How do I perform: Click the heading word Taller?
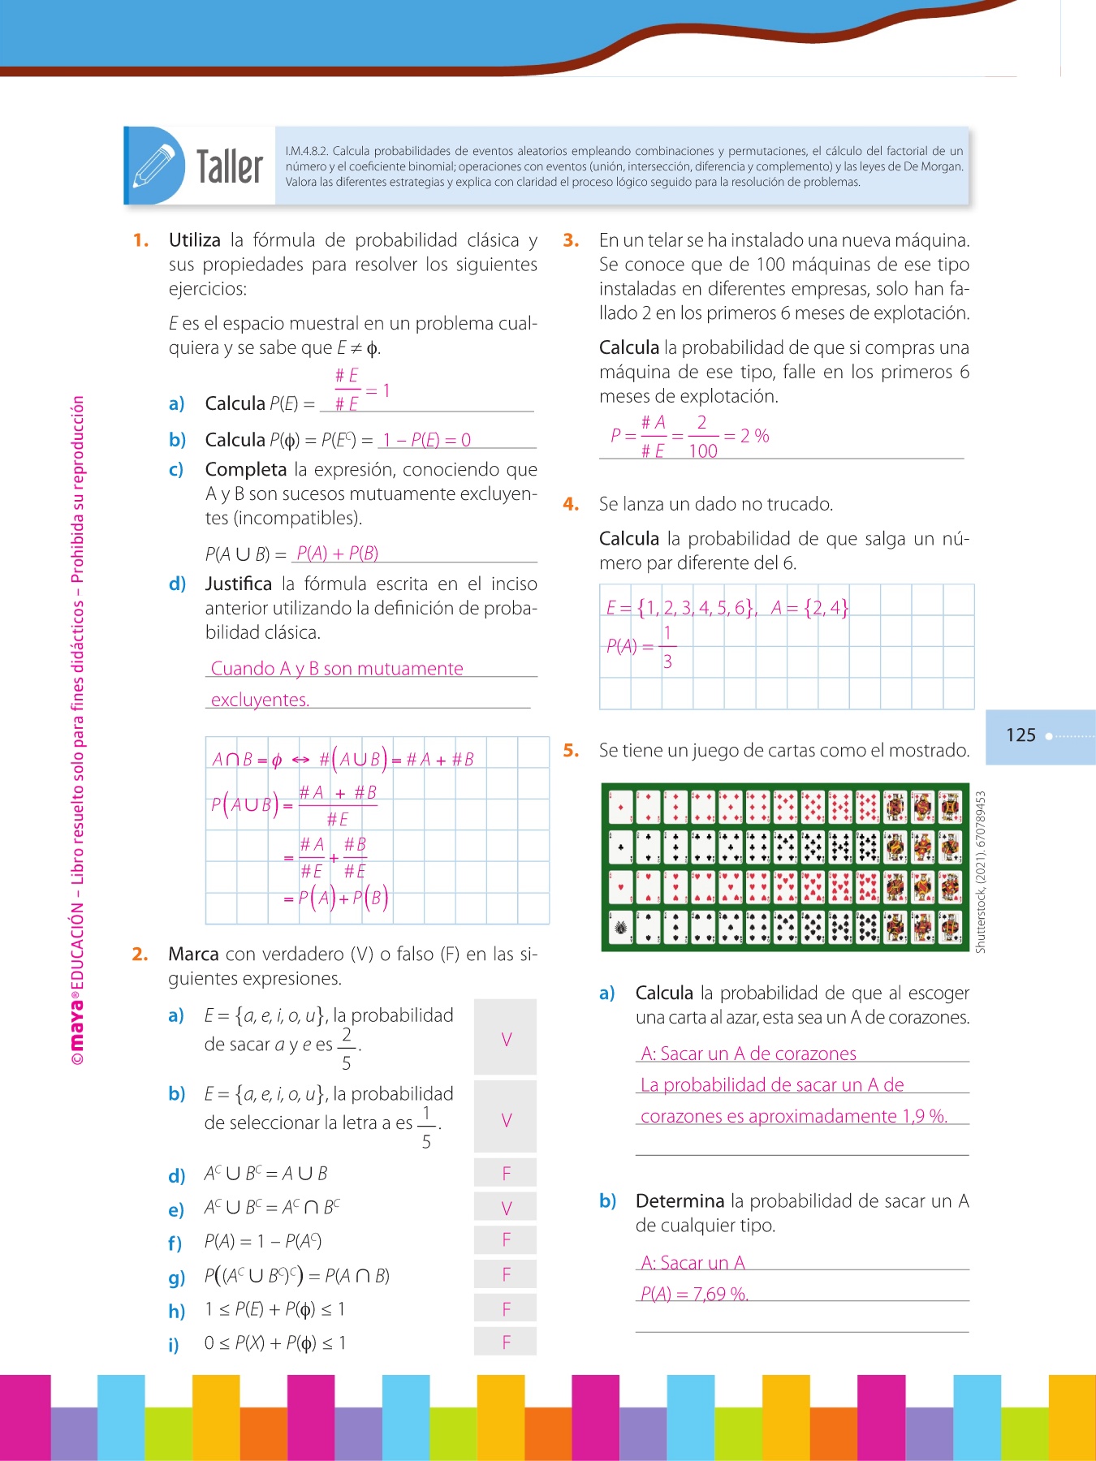point(230,167)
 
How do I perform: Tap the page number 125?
point(1020,735)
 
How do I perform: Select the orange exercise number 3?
point(571,240)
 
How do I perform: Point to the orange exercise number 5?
point(571,751)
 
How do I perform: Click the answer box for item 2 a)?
point(506,1039)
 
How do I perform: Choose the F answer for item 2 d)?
point(506,1173)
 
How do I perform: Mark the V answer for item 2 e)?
point(506,1208)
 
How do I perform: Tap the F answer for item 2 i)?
point(506,1342)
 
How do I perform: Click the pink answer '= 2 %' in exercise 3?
point(747,436)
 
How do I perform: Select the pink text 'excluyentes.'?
point(260,700)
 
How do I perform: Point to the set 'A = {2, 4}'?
point(809,607)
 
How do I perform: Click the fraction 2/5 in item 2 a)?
point(347,1049)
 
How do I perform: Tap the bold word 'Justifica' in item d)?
point(238,584)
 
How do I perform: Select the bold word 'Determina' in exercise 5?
point(680,1201)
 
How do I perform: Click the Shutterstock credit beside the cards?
point(981,872)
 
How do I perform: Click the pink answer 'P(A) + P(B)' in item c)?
point(337,554)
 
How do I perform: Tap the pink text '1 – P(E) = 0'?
point(427,440)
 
